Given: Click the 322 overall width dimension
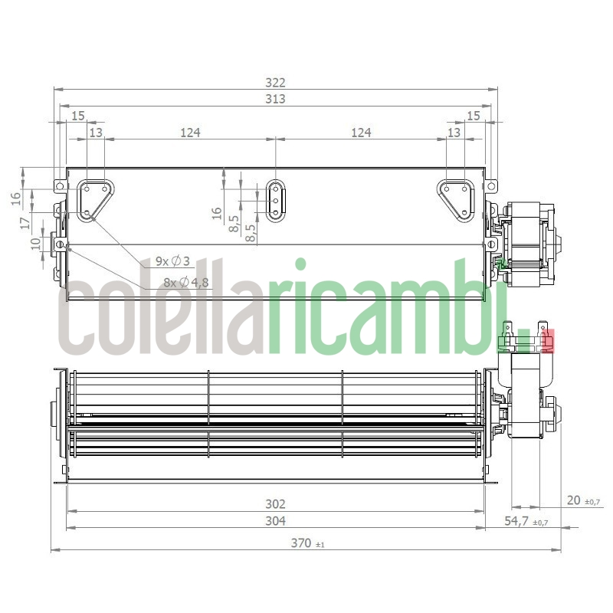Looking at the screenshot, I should point(275,83).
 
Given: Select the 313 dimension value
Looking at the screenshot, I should point(275,100).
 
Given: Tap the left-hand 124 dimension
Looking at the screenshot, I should point(190,133).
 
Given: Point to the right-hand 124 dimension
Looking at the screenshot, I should point(361,133).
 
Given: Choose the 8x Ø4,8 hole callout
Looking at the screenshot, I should point(185,282).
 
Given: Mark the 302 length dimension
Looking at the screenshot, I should point(275,503).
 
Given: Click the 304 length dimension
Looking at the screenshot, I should point(275,521).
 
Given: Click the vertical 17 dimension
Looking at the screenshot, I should point(25,223).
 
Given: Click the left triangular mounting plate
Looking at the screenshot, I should point(94,199).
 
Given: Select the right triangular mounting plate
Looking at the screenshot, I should point(457,198).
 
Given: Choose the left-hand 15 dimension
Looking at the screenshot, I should point(77,116).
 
